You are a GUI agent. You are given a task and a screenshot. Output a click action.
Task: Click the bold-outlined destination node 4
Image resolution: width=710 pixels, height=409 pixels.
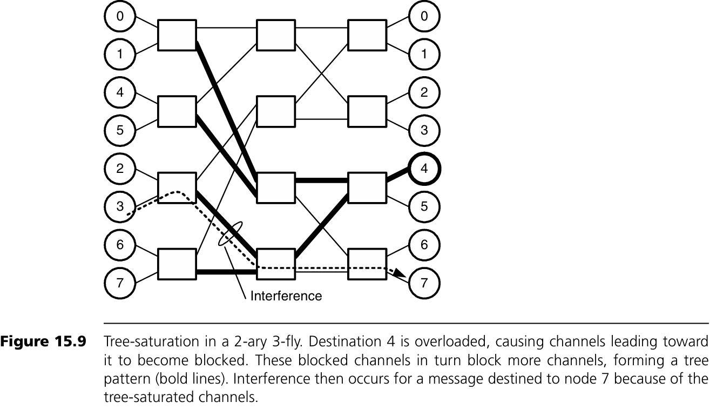(425, 168)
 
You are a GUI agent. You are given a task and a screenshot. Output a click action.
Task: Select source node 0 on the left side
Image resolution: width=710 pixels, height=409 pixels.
(120, 16)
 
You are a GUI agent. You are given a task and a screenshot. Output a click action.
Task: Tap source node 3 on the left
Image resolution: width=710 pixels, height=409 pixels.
(120, 206)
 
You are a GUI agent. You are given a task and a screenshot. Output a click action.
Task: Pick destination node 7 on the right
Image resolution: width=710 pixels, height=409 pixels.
(425, 283)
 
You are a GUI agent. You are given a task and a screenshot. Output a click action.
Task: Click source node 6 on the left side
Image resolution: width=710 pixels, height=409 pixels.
(120, 244)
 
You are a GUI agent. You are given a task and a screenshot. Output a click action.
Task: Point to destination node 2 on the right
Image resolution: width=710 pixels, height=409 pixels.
(425, 92)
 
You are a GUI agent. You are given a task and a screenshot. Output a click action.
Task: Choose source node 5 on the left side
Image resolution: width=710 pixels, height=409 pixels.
(120, 130)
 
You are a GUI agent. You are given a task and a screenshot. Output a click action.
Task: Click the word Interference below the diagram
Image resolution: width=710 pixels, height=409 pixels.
(286, 296)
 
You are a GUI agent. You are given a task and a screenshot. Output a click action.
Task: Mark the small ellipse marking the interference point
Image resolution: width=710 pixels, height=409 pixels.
(229, 234)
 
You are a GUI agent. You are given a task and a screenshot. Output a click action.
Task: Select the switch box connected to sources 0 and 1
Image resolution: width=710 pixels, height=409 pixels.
(177, 35)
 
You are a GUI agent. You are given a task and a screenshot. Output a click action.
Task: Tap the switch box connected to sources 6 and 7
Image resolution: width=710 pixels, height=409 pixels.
(177, 264)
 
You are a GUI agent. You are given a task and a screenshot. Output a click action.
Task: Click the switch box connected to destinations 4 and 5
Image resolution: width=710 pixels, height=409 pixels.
(367, 187)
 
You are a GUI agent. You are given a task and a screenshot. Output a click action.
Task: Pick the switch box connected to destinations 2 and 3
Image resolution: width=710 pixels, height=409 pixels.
(367, 111)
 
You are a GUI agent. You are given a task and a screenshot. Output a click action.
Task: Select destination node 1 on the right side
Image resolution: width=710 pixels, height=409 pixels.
(425, 54)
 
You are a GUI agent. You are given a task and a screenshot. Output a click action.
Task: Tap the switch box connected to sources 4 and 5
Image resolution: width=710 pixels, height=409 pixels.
(177, 111)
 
